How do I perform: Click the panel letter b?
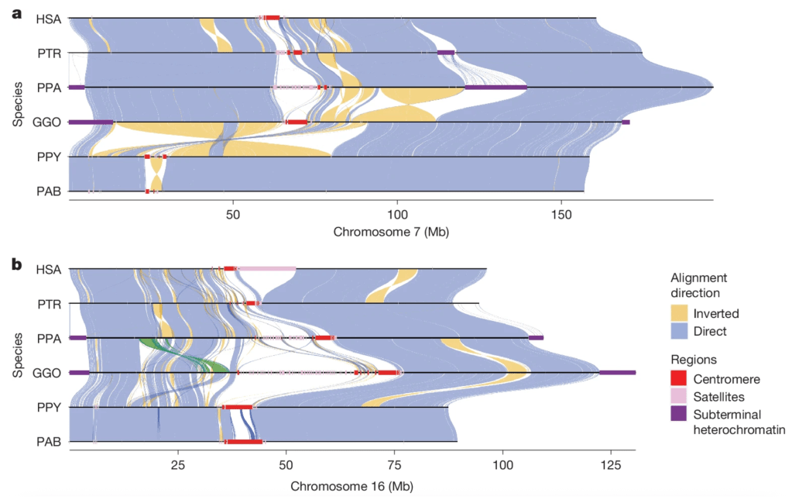16,264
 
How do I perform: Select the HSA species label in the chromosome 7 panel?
49,18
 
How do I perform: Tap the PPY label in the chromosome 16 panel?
49,407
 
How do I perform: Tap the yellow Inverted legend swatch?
679,313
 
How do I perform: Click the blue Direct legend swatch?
679,331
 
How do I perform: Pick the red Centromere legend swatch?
679,379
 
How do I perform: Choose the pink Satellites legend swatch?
679,396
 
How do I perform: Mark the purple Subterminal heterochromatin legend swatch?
679,414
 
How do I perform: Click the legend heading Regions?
694,360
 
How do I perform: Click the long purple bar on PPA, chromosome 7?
495,88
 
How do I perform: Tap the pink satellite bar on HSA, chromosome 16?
266,269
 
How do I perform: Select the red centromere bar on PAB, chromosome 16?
244,442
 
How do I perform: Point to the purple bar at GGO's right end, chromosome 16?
617,373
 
